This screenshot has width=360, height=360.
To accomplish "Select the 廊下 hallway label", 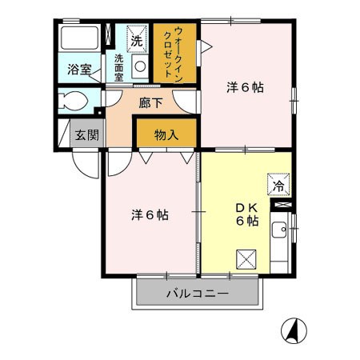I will pos(150,102).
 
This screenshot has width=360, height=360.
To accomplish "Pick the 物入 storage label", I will pos(165,134).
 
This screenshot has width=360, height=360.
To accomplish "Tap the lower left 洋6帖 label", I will pos(150,215).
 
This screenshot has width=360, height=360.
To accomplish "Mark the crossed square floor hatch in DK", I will pos(246,258).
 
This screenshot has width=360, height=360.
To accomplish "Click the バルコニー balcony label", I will pos(198,294).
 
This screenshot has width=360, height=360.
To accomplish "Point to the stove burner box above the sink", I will pos(280,206).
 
